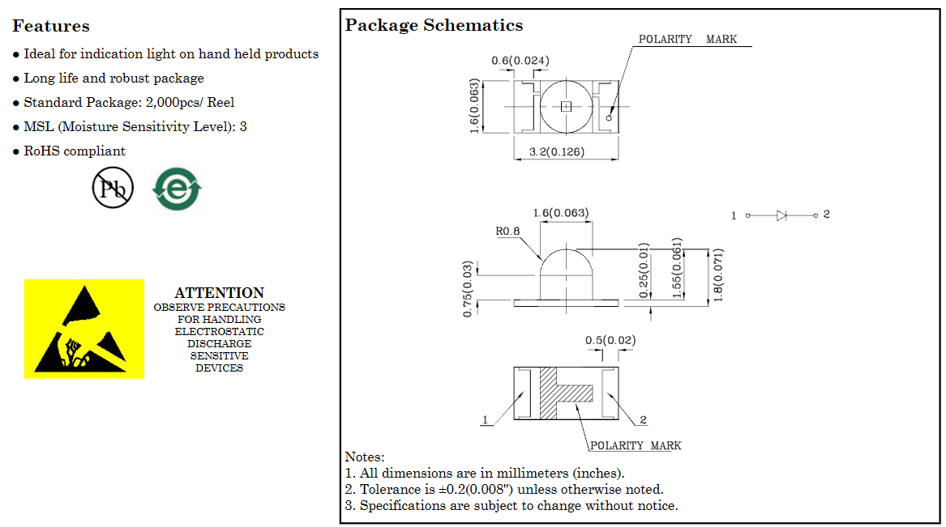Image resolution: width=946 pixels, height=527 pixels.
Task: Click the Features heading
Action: point(51,26)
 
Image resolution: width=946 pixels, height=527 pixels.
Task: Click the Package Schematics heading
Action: point(434,25)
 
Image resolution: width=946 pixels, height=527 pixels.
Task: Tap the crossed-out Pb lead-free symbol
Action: point(113,188)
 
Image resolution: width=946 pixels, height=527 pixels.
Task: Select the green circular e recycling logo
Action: point(177,189)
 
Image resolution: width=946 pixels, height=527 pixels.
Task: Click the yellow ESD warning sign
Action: point(84,329)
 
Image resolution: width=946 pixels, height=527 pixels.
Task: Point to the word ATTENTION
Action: point(219,293)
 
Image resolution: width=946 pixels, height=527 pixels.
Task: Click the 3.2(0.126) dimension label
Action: point(557,151)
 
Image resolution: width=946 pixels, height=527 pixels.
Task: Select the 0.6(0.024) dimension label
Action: point(520,60)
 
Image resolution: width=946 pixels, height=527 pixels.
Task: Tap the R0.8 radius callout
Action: point(507,232)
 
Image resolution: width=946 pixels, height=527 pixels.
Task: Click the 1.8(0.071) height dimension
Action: point(717,274)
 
